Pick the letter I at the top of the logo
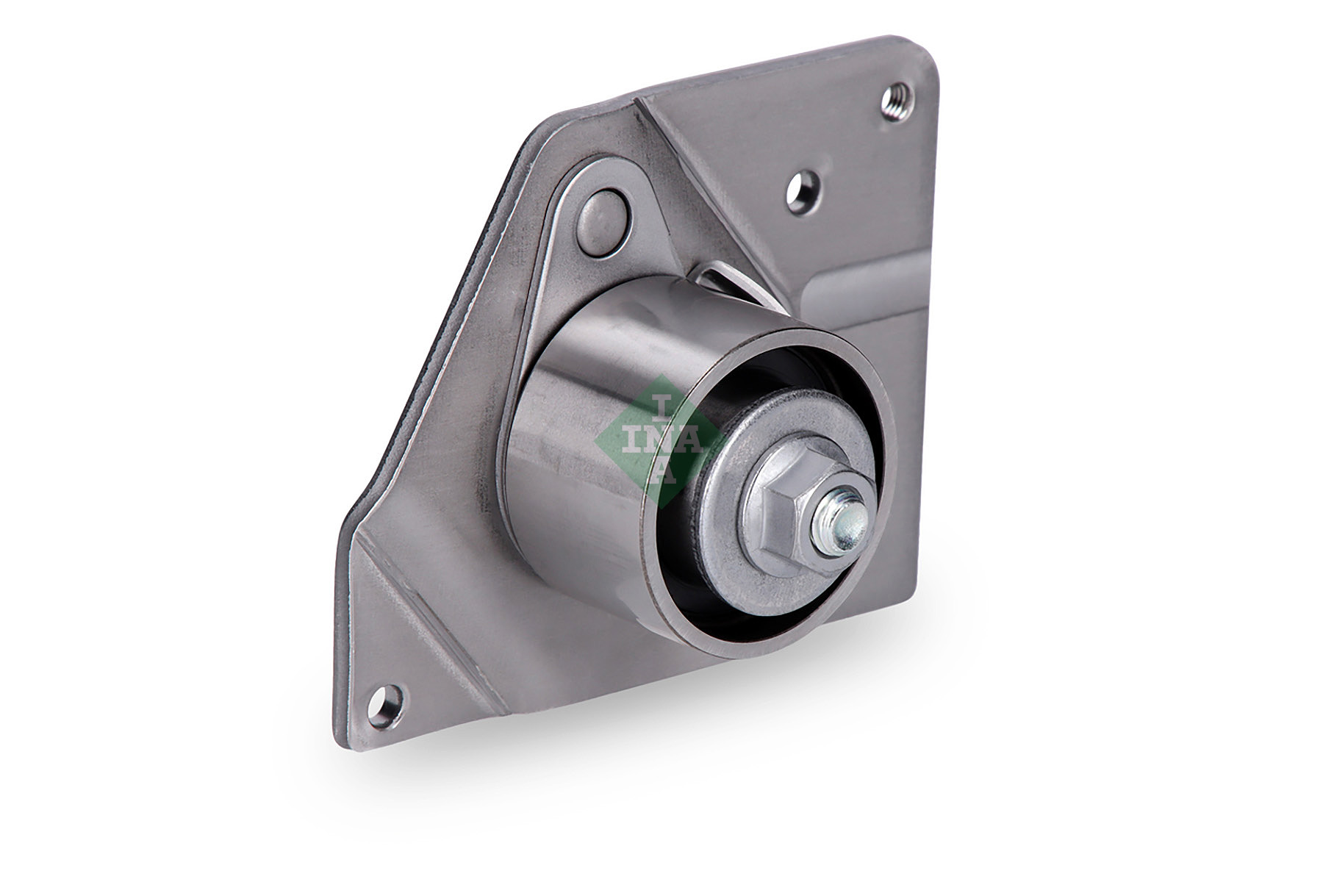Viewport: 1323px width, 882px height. (x=662, y=404)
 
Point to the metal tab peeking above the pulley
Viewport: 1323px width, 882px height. (x=724, y=278)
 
